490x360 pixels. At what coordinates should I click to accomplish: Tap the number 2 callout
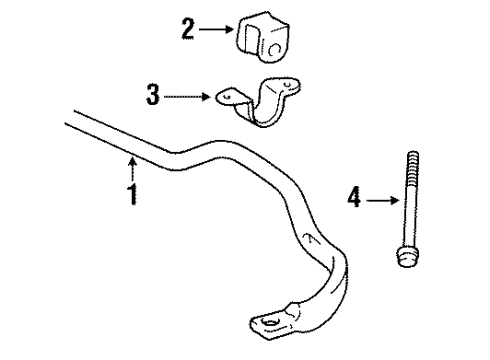[x=186, y=30]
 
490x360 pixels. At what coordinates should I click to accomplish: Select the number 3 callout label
[x=152, y=96]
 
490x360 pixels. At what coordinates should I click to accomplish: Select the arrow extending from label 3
[x=187, y=96]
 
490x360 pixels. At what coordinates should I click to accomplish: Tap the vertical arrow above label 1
[x=131, y=164]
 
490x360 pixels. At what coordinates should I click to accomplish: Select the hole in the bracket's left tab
[x=226, y=97]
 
